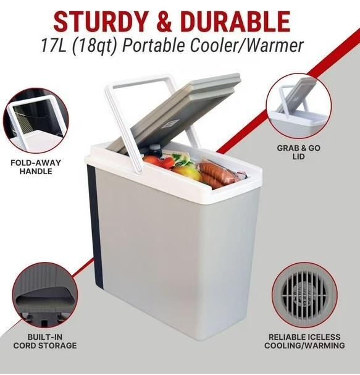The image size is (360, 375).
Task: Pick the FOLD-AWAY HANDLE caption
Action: click(36, 167)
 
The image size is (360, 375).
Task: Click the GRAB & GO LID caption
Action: click(299, 152)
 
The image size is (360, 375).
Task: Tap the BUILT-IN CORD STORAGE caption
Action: click(45, 341)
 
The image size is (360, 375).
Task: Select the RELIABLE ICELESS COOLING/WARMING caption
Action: click(304, 341)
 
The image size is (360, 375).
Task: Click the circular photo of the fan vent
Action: click(304, 295)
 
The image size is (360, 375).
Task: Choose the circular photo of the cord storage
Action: click(45, 295)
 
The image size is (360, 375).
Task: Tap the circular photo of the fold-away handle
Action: click(36, 120)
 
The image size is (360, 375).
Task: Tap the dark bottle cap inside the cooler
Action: click(154, 148)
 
